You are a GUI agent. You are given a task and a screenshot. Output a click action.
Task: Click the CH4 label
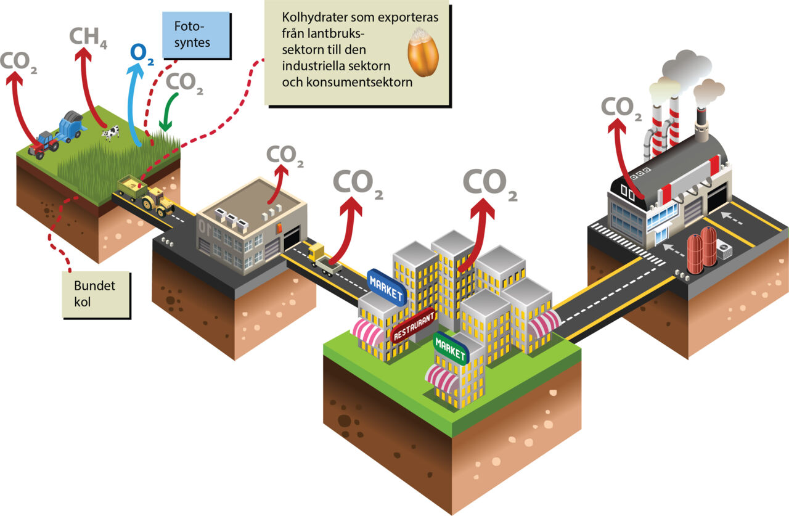point(88,38)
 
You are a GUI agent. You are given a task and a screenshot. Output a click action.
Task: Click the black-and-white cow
point(111,133)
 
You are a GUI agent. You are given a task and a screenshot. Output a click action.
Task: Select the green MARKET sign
point(451,348)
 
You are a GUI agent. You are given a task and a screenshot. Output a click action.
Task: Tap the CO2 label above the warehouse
point(284,156)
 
